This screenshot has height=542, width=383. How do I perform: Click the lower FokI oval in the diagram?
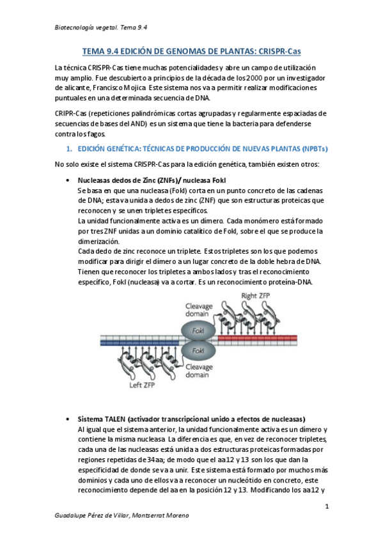coord(198,351)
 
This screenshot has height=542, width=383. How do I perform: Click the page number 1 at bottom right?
coord(326,507)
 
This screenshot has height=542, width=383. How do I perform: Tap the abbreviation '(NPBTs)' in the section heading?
coord(310,149)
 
